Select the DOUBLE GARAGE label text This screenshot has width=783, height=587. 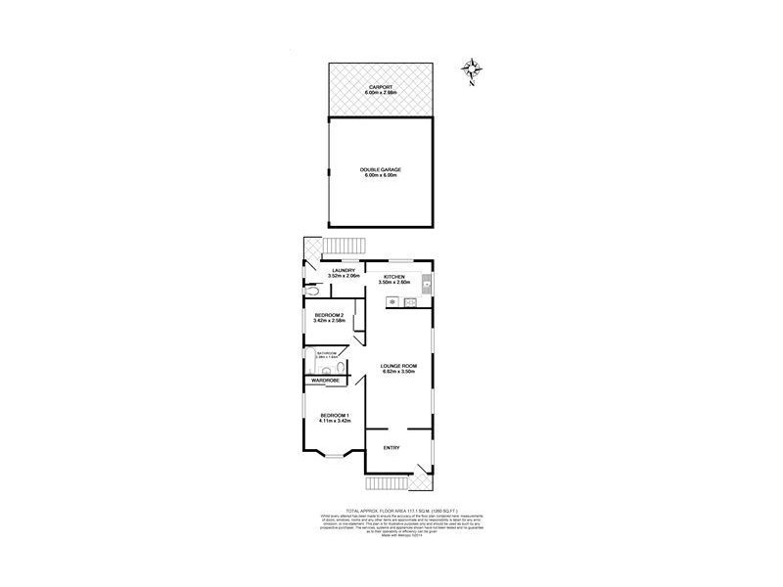381,169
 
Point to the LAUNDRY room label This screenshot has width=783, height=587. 343,271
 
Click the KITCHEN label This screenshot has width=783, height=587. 394,277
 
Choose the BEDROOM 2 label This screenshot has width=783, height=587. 329,314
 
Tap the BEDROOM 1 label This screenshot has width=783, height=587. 335,417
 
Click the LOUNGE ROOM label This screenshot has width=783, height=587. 399,366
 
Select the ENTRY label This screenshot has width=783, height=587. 391,448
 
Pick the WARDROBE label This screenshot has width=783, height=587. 326,380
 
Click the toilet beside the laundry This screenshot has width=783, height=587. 310,292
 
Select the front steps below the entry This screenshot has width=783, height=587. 390,484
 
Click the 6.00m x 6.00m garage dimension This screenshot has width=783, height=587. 381,175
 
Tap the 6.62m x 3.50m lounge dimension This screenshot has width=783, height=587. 399,372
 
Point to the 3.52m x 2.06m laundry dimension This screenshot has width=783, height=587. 345,277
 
